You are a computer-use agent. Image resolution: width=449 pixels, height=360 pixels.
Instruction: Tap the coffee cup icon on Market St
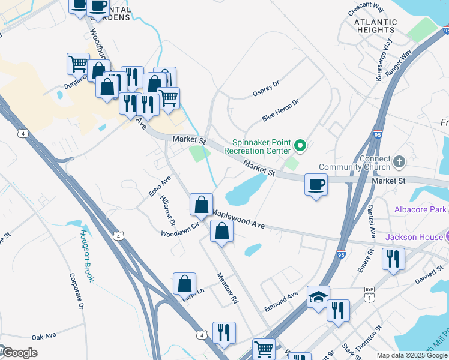pos(316,184)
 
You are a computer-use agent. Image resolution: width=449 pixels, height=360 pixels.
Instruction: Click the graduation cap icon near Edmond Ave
pos(318,296)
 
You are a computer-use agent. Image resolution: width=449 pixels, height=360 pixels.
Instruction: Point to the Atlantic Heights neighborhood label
pos(375,25)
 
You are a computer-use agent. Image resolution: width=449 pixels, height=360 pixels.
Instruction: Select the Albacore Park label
pos(420,209)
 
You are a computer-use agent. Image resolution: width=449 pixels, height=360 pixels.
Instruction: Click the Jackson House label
pos(414,237)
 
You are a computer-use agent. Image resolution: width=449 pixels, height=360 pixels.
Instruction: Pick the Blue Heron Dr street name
pos(280,110)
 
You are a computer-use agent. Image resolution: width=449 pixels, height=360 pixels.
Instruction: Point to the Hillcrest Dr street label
pos(167,210)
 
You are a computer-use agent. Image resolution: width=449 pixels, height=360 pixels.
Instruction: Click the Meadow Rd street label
pos(228,289)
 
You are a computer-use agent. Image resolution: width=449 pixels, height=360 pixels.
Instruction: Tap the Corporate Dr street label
pos(76,290)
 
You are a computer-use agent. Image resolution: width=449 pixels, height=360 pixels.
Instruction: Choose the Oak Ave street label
pos(44,337)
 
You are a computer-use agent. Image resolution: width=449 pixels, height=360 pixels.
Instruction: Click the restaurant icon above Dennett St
pos(393,259)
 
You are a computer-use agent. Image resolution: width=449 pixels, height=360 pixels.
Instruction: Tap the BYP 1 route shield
pos(369,293)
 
